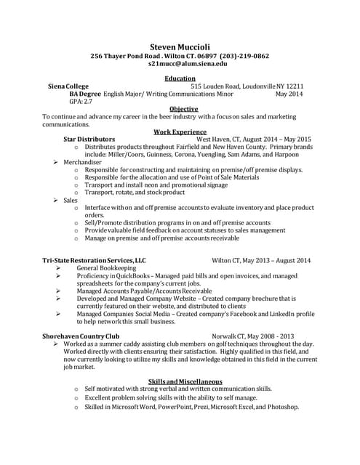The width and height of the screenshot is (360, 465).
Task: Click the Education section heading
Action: pyautogui.click(x=180, y=78)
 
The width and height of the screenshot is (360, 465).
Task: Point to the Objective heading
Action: pyautogui.click(x=179, y=109)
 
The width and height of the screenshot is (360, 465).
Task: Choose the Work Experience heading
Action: pyautogui.click(x=180, y=132)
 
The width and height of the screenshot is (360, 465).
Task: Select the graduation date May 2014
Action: pyautogui.click(x=289, y=94)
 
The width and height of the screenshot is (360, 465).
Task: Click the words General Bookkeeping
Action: pyautogui.click(x=106, y=268)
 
